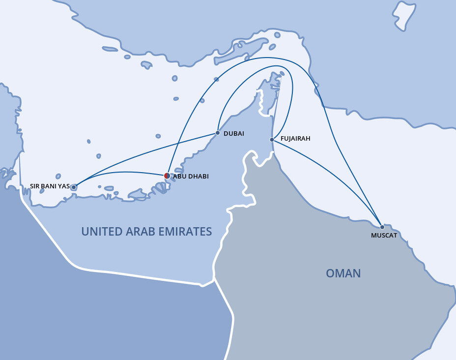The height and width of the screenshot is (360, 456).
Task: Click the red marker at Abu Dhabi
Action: pyautogui.click(x=167, y=176)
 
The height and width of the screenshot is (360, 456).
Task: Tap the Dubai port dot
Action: pyautogui.click(x=218, y=133)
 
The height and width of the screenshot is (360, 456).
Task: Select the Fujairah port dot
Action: pyautogui.click(x=272, y=140)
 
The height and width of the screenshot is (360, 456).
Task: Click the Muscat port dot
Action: pyautogui.click(x=382, y=227)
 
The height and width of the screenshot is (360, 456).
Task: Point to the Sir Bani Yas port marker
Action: pyautogui.click(x=74, y=187)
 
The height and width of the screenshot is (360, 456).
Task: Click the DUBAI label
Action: pyautogui.click(x=234, y=133)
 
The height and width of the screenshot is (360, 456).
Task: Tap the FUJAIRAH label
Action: pyautogui.click(x=295, y=139)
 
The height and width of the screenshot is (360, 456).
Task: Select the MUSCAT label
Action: pyautogui.click(x=384, y=236)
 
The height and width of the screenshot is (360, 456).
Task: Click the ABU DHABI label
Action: pyautogui.click(x=191, y=176)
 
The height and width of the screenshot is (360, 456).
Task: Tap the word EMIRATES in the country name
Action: pyautogui.click(x=187, y=231)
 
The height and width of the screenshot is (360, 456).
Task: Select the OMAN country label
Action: pyautogui.click(x=343, y=273)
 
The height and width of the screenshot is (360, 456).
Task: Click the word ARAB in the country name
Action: pyautogui.click(x=141, y=231)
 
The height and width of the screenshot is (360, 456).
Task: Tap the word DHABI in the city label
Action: pyautogui.click(x=198, y=176)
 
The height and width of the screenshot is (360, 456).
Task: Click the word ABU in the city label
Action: pyautogui.click(x=179, y=176)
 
